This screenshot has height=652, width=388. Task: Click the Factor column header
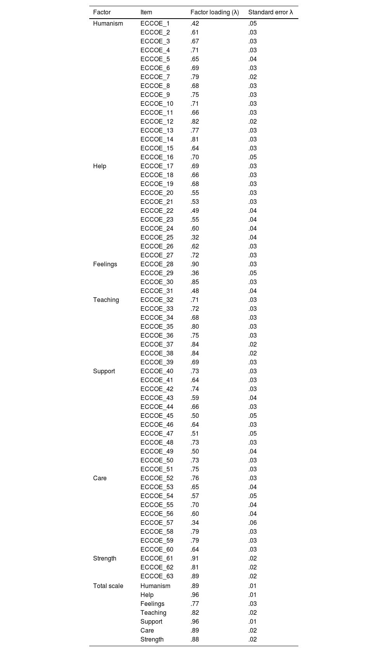click(102, 12)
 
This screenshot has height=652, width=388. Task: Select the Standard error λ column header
click(270, 12)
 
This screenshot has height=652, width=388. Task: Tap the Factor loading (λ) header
click(215, 12)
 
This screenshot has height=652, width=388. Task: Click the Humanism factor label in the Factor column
click(108, 23)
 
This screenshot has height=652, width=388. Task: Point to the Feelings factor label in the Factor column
click(105, 264)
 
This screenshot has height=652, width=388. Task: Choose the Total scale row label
click(108, 586)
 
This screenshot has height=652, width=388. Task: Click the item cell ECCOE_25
click(157, 237)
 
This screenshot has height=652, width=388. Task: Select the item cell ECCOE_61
click(157, 558)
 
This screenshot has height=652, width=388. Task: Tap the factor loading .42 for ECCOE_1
click(194, 23)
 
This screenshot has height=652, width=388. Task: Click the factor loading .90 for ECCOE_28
click(194, 264)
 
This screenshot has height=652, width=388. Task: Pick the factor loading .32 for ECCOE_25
click(194, 237)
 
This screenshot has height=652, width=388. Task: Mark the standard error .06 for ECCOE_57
click(252, 523)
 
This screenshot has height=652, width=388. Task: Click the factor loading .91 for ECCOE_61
click(194, 558)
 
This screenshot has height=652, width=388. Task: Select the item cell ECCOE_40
click(157, 371)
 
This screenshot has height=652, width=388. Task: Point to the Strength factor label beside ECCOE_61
click(104, 558)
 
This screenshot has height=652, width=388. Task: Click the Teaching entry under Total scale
click(153, 612)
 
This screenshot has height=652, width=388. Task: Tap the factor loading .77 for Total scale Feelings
click(194, 604)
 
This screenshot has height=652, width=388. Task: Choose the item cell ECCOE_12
click(157, 121)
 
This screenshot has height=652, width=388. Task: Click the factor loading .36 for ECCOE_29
click(194, 273)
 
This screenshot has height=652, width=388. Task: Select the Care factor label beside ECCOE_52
click(100, 478)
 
